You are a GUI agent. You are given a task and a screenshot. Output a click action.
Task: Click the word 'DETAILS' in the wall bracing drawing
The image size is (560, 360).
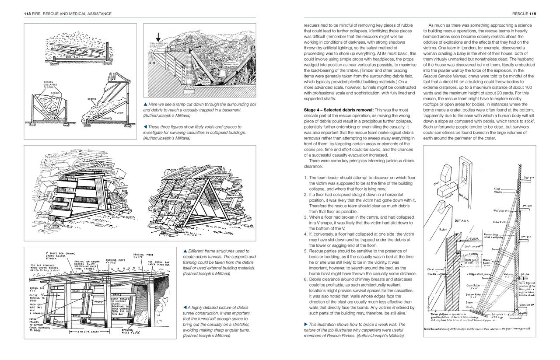(464, 221)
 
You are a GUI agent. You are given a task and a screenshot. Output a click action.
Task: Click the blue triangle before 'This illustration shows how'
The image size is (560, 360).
(306, 324)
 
